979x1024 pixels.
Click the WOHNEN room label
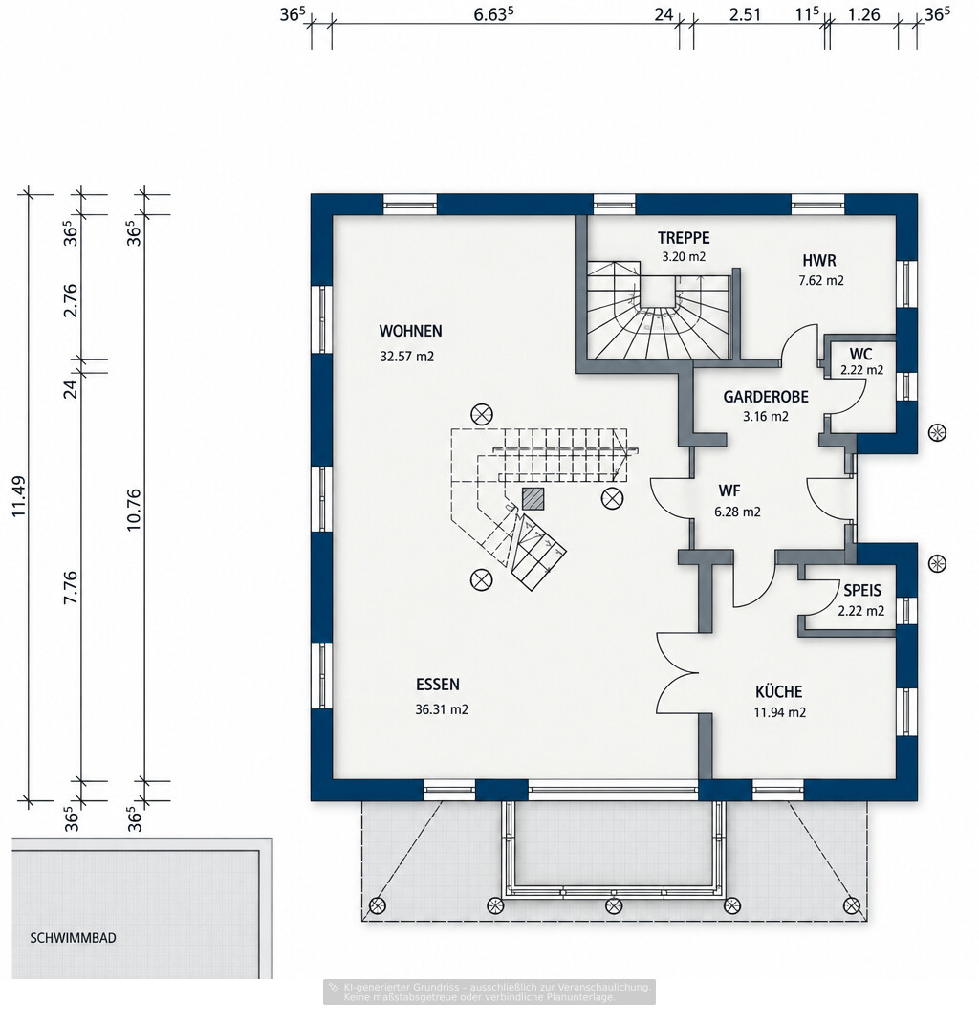(410, 331)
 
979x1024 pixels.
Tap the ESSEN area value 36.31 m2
(442, 709)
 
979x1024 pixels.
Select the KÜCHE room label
(778, 691)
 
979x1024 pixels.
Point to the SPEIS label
(862, 590)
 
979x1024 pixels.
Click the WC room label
(860, 355)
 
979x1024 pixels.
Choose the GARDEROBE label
(766, 397)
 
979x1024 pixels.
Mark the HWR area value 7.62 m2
(821, 281)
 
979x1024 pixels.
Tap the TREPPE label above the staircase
(684, 238)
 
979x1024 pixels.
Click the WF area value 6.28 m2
(737, 512)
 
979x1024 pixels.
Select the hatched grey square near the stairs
(533, 498)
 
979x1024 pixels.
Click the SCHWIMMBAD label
(74, 938)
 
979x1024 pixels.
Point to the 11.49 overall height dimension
(19, 497)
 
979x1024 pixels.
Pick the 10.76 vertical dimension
(134, 510)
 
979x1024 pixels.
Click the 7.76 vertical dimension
(71, 588)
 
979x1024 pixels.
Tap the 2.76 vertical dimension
(71, 300)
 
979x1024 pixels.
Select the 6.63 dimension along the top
(493, 13)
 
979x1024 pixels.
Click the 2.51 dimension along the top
(745, 14)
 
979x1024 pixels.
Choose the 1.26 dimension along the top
(864, 14)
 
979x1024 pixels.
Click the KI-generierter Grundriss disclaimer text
(489, 992)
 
